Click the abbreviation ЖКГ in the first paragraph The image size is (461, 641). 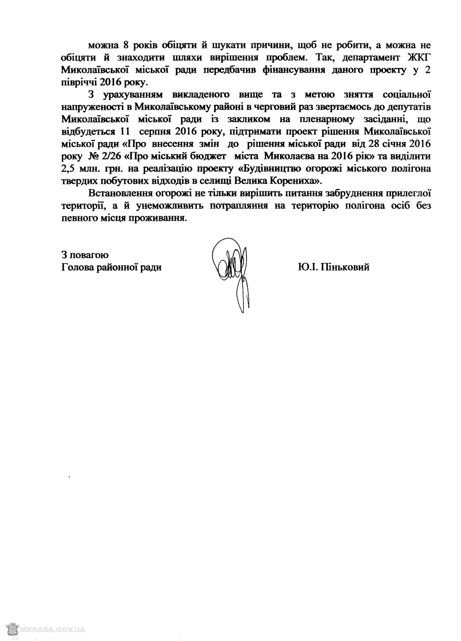click(x=420, y=57)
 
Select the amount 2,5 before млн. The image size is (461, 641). click(x=70, y=168)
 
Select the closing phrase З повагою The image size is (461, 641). click(x=85, y=255)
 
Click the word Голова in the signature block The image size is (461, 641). click(x=77, y=268)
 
